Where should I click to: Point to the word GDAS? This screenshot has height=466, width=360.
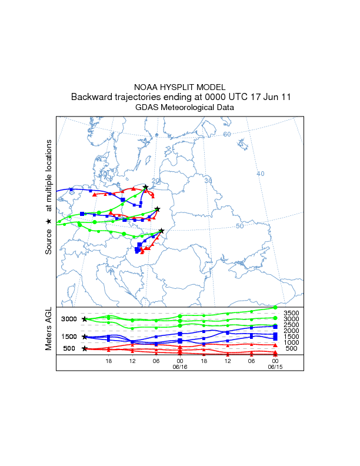point(146,108)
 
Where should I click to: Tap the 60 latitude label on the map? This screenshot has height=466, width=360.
point(226,135)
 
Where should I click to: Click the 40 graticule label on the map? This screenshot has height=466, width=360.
point(261,174)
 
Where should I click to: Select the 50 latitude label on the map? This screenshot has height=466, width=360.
point(239,226)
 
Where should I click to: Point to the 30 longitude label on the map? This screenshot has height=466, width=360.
point(208,181)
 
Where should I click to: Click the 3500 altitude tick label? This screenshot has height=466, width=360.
point(292,313)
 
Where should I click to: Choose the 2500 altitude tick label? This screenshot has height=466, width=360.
point(292,325)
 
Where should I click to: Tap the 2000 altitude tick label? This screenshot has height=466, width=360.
point(292,331)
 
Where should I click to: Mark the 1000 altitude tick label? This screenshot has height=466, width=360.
point(292,342)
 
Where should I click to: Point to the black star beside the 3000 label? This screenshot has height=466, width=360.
point(85,319)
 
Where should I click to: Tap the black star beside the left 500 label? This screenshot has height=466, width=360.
point(85,348)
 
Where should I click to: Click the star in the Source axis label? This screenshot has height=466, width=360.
point(49,221)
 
